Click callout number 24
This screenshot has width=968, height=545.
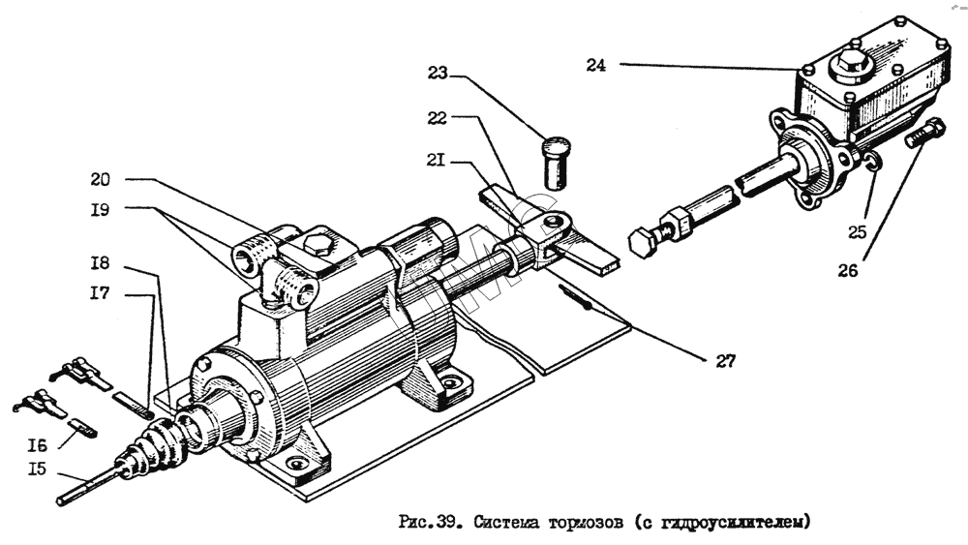595,66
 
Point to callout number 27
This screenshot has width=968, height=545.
725,361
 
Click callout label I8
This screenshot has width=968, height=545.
100,262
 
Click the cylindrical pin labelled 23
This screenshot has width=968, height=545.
554,163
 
